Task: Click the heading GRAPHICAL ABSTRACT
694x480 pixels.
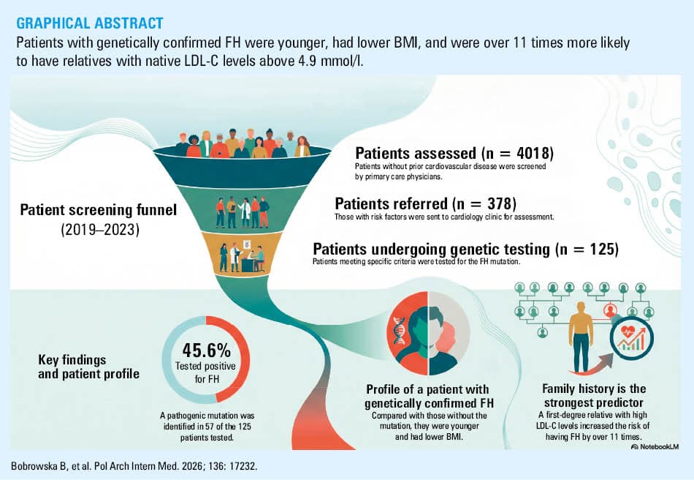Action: point(90,23)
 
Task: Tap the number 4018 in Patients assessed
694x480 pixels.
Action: point(533,154)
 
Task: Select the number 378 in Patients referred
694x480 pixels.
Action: point(500,204)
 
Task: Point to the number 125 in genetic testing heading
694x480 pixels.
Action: point(602,249)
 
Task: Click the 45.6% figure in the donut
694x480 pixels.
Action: point(206,350)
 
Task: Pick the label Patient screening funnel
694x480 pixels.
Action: point(99,210)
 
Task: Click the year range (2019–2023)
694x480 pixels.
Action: point(100,230)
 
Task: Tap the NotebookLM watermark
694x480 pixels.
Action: point(655,447)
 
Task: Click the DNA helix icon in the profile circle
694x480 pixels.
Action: point(399,332)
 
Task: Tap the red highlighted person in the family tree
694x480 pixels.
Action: point(610,310)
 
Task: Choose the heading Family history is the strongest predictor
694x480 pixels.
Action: point(593,395)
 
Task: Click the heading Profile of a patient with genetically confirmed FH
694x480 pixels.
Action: point(428,396)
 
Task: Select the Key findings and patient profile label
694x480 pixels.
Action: point(88,367)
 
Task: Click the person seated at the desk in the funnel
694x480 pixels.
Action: point(258,259)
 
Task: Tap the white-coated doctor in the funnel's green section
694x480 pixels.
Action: point(244,213)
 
